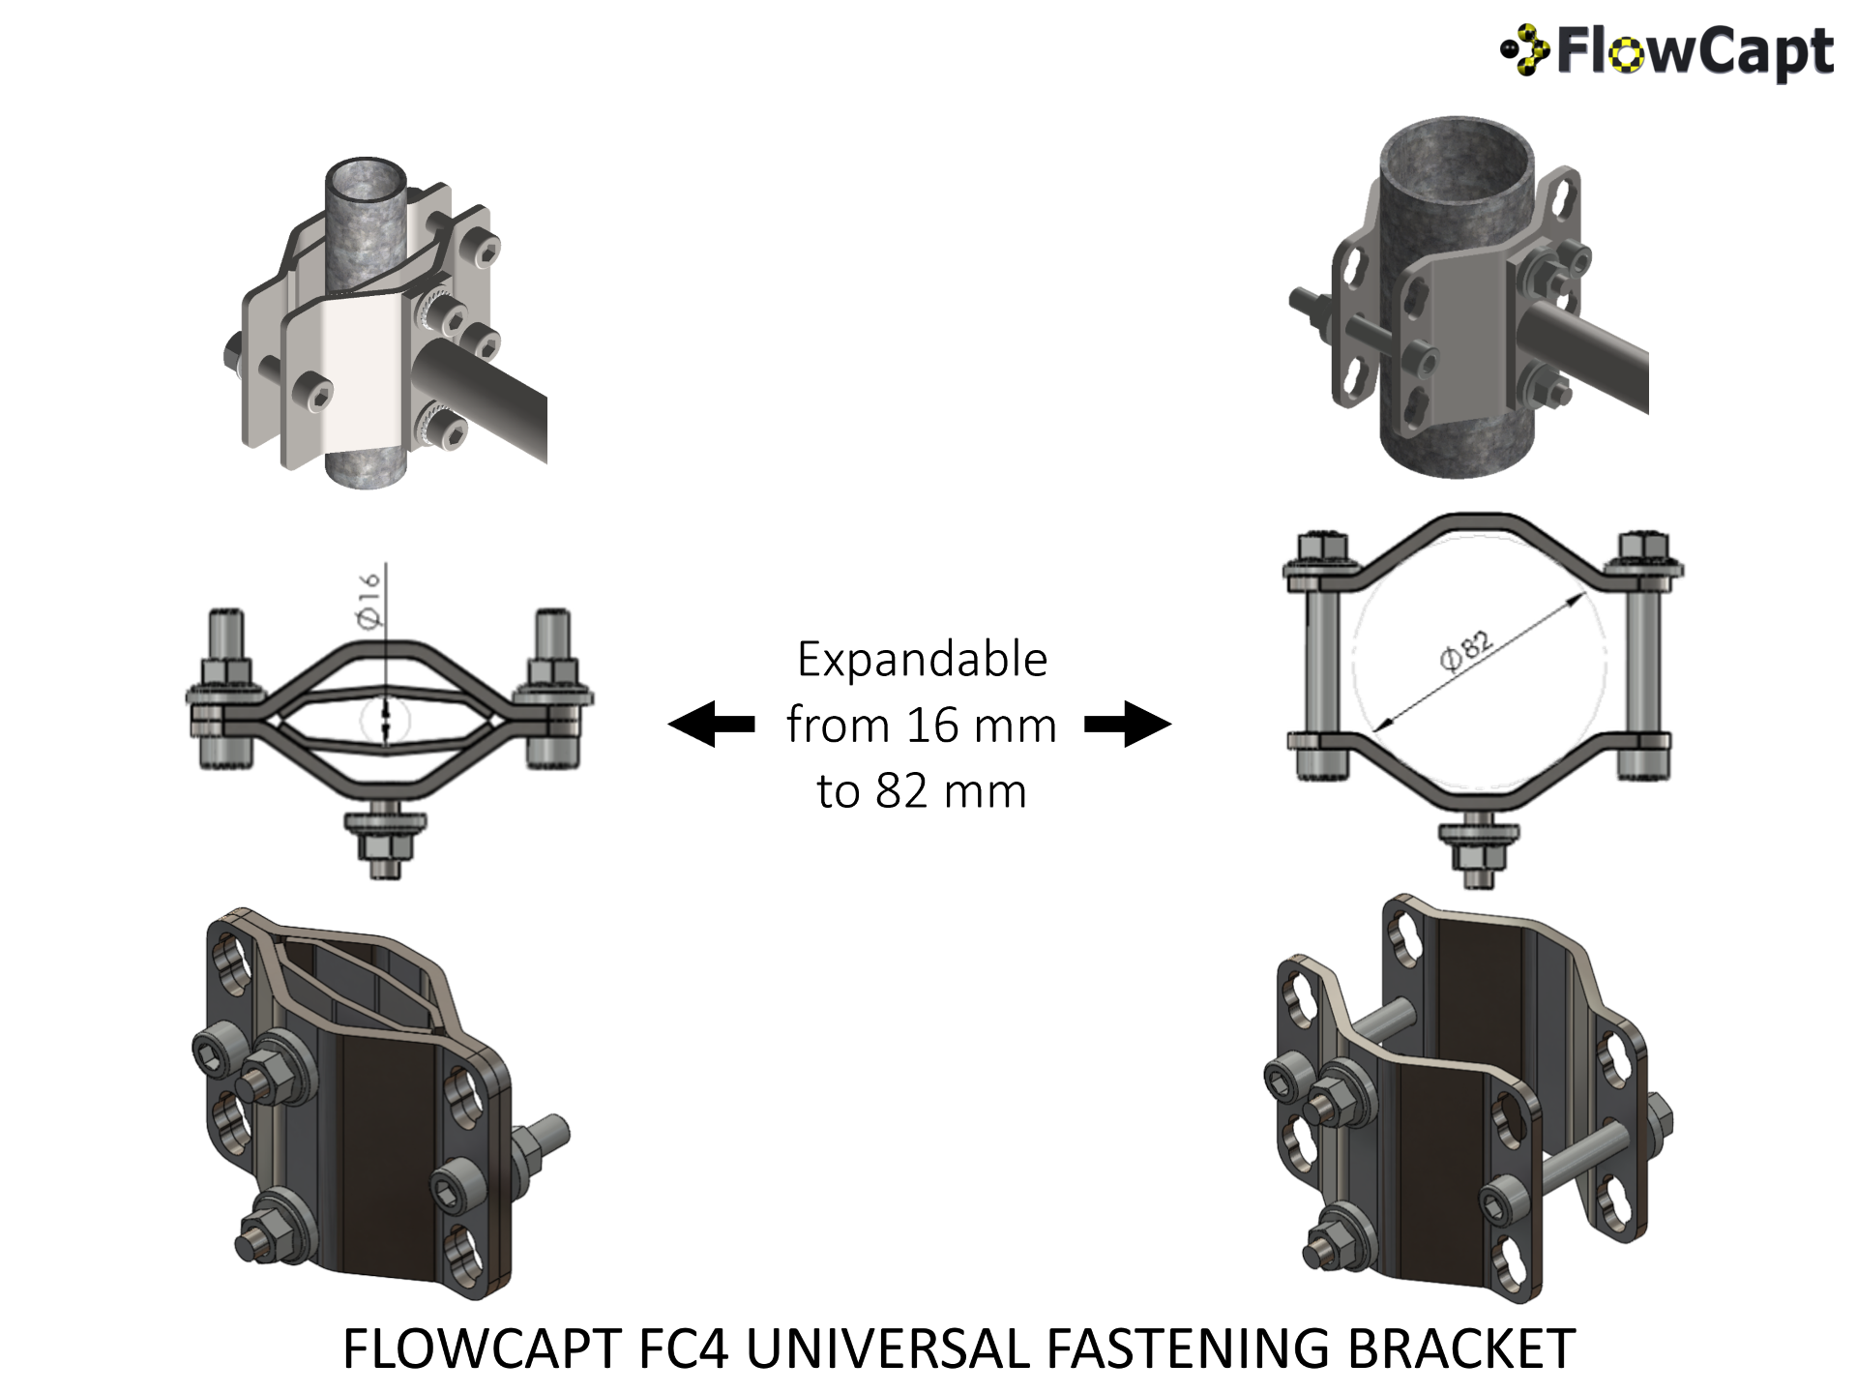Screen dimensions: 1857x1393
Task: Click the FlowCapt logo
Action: click(x=1666, y=51)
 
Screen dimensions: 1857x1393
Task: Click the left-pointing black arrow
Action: click(x=712, y=724)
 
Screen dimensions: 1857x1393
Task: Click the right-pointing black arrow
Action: click(x=1128, y=724)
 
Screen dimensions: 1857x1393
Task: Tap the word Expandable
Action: click(x=922, y=660)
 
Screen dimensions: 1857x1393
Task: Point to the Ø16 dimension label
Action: click(x=369, y=600)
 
